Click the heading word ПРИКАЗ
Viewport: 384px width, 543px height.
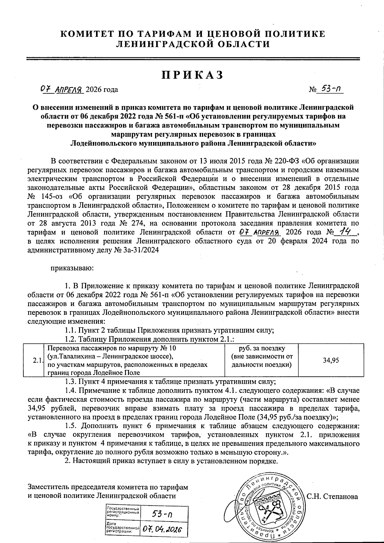(x=192, y=75)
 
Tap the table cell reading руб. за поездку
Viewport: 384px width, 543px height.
(x=262, y=348)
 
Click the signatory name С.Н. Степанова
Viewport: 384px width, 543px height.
(x=332, y=497)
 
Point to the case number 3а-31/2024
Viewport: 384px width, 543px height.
(x=141, y=250)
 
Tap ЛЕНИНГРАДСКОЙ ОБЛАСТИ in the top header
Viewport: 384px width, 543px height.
(x=192, y=44)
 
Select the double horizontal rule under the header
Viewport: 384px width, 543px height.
(x=192, y=59)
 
